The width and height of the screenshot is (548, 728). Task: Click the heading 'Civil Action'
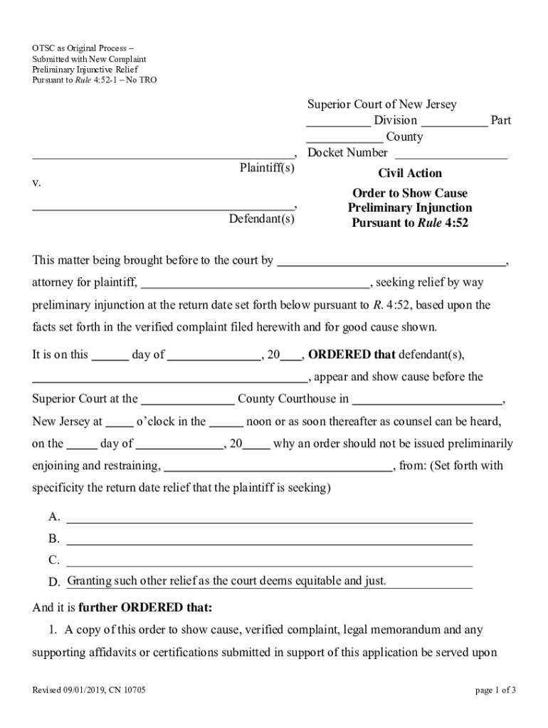click(x=409, y=173)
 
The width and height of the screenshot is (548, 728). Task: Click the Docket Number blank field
click(x=450, y=154)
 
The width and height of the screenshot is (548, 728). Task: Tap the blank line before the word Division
click(x=339, y=122)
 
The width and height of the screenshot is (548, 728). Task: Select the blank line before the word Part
click(x=458, y=122)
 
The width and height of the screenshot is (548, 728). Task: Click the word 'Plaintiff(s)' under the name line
click(x=266, y=168)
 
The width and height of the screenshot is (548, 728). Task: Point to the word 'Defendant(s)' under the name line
click(x=261, y=219)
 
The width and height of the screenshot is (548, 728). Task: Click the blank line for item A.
click(x=269, y=518)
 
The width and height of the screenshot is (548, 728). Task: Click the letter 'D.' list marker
click(x=54, y=583)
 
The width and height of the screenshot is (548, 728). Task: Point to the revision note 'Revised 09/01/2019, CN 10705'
click(x=89, y=690)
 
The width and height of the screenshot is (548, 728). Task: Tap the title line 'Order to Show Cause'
click(x=410, y=193)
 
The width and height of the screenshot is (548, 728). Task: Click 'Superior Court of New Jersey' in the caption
click(x=382, y=105)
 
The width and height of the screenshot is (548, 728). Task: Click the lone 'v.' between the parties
click(x=37, y=183)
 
